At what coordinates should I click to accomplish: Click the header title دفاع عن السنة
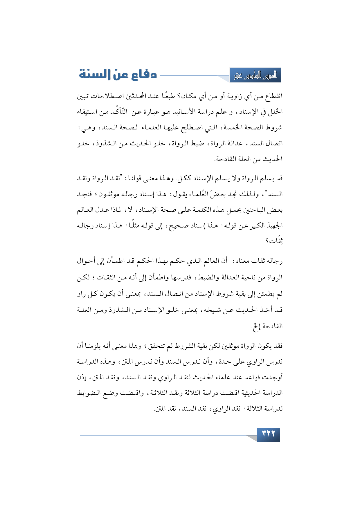[x=118, y=75]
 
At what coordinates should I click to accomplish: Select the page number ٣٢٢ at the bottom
[x=269, y=434]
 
